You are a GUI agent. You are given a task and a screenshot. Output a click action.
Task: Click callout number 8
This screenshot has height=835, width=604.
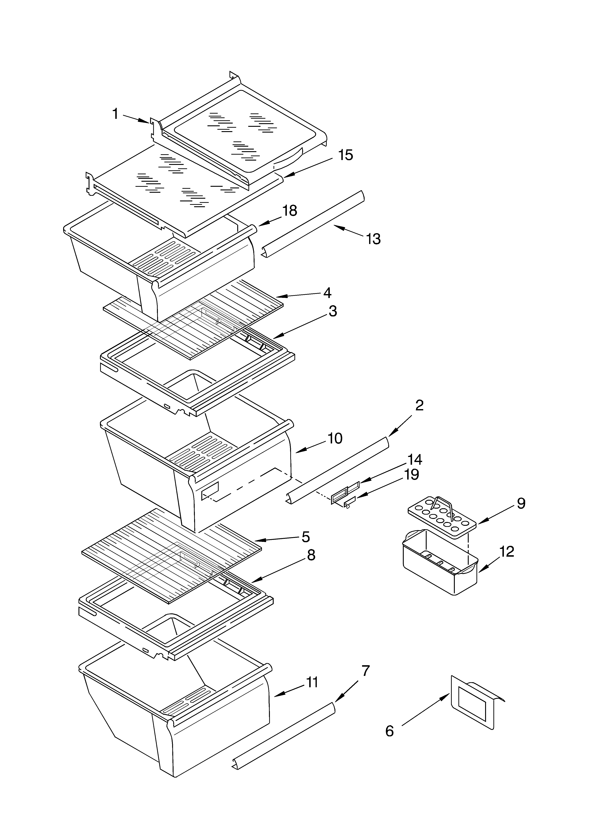pyautogui.click(x=311, y=555)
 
